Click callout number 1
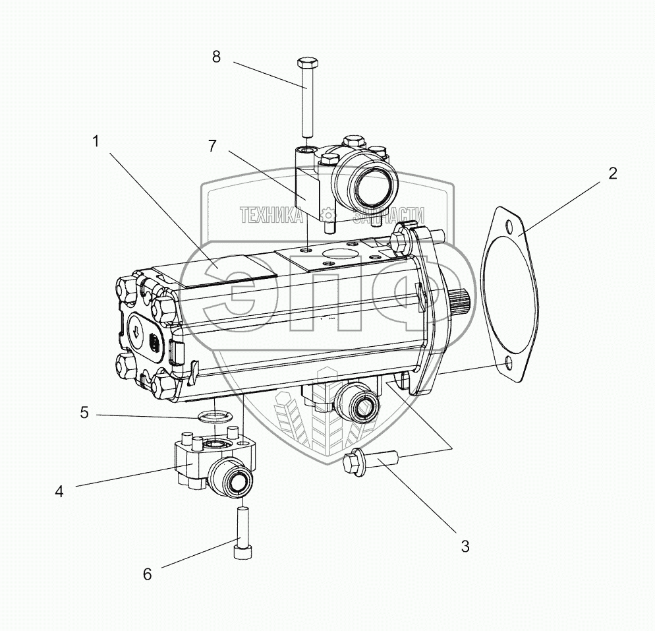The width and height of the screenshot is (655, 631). point(96,141)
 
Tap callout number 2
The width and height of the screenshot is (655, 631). point(612,173)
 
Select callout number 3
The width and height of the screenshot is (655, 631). point(465,546)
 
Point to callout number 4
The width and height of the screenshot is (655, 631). point(59,491)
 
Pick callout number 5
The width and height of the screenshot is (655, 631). point(84,413)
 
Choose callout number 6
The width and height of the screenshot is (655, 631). point(147,574)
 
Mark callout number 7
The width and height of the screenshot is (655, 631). point(212,146)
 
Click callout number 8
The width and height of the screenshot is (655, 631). point(216,57)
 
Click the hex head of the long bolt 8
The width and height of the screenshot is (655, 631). point(308,64)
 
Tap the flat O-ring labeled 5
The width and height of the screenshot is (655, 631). point(212,416)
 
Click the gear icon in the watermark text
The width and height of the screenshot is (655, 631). point(327,215)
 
